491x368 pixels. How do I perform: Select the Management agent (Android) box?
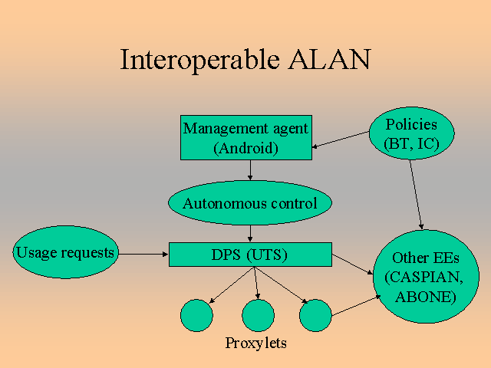245,138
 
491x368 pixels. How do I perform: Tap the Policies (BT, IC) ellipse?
411,133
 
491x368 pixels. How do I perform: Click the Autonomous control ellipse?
249,203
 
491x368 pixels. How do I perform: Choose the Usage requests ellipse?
66,252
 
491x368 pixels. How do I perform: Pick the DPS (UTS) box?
250,255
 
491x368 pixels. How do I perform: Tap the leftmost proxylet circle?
196,315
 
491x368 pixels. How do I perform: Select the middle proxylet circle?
258,315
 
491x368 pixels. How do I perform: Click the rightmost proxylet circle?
315,315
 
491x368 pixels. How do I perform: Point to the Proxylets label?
256,343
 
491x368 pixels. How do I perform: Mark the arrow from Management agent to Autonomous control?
250,170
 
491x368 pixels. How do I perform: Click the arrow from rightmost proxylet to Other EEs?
356,304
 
